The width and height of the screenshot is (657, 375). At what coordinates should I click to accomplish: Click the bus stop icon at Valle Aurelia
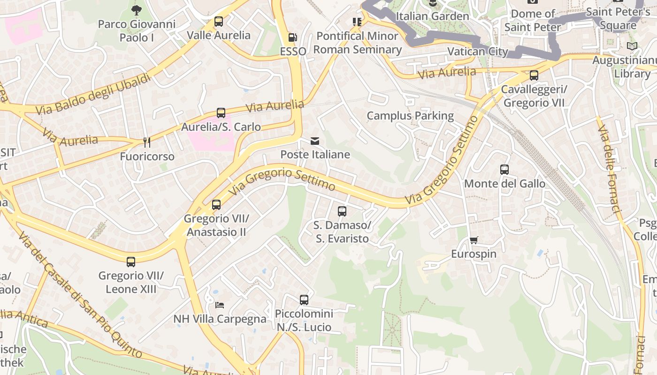(219, 22)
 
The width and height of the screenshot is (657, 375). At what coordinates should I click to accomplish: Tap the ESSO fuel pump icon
(292, 37)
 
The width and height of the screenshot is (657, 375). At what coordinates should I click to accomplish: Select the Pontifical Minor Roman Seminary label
(357, 43)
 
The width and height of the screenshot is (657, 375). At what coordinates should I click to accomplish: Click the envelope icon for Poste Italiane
(315, 141)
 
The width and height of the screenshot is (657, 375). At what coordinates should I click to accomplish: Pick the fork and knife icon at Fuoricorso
(147, 142)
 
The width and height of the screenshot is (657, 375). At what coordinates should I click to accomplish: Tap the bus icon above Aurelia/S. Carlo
(221, 113)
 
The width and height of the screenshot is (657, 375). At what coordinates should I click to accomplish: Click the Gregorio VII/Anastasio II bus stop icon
(216, 205)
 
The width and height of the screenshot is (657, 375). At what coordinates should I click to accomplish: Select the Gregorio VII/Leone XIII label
(131, 283)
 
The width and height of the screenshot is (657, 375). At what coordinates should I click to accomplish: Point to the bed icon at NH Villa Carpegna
(219, 305)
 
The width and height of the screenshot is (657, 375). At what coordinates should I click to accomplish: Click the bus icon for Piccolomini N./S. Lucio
(304, 300)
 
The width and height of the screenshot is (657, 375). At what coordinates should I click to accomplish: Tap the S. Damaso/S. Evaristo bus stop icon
(342, 211)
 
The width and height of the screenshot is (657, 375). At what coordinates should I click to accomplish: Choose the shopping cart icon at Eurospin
(474, 240)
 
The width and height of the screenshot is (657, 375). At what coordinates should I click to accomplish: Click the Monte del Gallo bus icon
(504, 170)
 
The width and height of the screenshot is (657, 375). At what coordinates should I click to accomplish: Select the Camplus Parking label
(410, 116)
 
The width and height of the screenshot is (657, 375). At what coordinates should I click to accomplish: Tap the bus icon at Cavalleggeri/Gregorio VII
(534, 75)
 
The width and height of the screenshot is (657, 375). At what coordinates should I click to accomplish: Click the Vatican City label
(477, 52)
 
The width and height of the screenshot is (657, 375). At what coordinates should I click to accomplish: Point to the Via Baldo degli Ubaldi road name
(94, 94)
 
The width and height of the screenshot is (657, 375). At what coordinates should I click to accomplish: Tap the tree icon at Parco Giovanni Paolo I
(136, 10)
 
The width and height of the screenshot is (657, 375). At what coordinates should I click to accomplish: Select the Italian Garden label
(432, 16)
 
